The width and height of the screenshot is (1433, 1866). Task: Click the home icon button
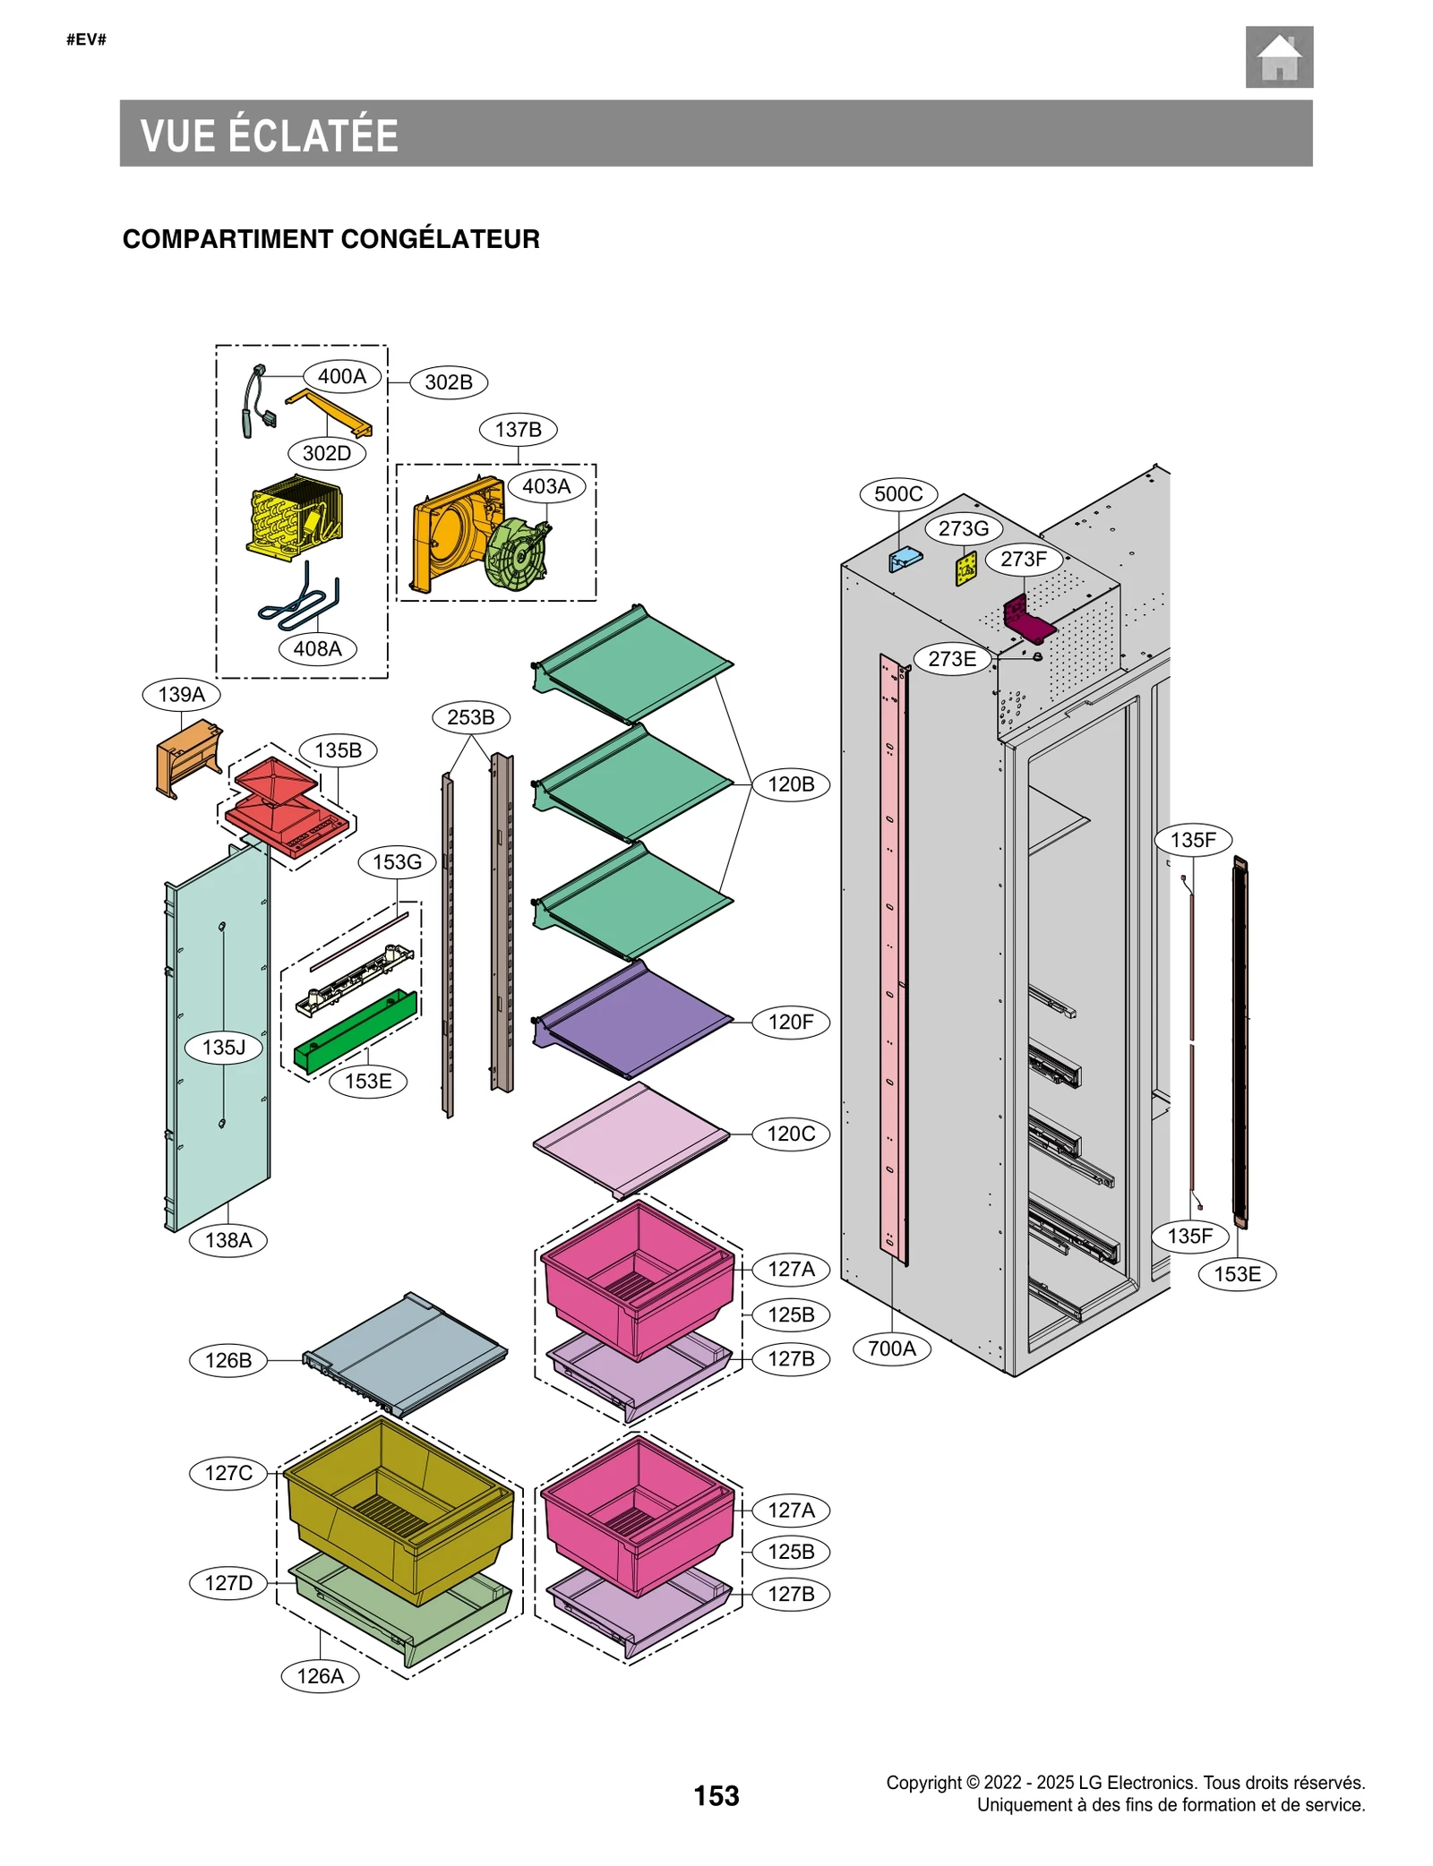(x=1278, y=57)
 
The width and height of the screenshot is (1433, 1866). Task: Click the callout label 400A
(x=341, y=376)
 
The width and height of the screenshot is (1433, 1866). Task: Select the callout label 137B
(x=518, y=430)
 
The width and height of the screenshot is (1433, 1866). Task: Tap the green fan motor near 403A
(x=516, y=555)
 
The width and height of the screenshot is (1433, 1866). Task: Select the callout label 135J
(x=224, y=1047)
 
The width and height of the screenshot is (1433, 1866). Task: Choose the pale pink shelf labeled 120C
(x=632, y=1137)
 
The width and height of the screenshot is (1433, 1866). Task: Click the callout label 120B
(x=791, y=784)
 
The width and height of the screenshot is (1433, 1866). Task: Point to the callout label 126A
(x=320, y=1675)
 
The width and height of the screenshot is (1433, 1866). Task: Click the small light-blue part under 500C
(x=905, y=560)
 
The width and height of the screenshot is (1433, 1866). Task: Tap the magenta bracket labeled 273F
(x=1026, y=619)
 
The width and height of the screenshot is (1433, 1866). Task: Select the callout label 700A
(x=891, y=1348)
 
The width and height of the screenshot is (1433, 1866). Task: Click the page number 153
(x=716, y=1795)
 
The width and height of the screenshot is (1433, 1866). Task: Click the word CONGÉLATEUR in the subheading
(x=440, y=239)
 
